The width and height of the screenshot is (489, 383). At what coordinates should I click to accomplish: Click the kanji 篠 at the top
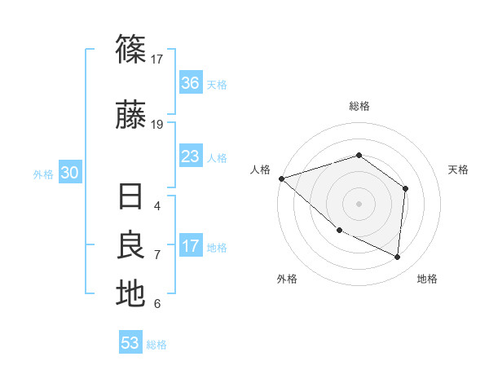point(130,51)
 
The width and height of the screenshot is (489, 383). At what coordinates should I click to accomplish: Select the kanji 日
point(130,198)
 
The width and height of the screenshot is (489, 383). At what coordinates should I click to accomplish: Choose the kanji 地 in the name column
point(130,293)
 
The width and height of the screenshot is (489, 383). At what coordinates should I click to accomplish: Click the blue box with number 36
point(191,83)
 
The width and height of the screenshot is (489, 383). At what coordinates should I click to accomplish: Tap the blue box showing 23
point(191,156)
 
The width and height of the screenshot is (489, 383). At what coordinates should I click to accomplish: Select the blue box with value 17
point(191,246)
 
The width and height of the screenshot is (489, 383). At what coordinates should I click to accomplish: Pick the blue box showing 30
point(69,173)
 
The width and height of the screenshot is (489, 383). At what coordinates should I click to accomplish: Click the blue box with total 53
point(130,343)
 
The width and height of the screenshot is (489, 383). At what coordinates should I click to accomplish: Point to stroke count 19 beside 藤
point(157,125)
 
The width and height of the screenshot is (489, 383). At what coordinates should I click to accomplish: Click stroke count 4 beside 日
point(157,206)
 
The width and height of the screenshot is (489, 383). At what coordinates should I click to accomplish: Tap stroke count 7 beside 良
point(157,255)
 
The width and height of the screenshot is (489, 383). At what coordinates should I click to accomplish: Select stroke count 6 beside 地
point(157,304)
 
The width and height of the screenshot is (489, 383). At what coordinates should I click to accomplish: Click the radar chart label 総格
point(359,106)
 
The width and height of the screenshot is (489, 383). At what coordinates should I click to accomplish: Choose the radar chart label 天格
point(459,169)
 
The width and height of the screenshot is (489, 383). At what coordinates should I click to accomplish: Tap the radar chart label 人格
point(261,169)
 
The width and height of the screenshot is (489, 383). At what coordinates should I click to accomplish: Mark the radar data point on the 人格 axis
point(281,178)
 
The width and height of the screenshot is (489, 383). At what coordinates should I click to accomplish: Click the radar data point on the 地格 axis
point(398,258)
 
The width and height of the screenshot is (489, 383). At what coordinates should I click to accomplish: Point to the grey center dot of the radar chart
point(359,203)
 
